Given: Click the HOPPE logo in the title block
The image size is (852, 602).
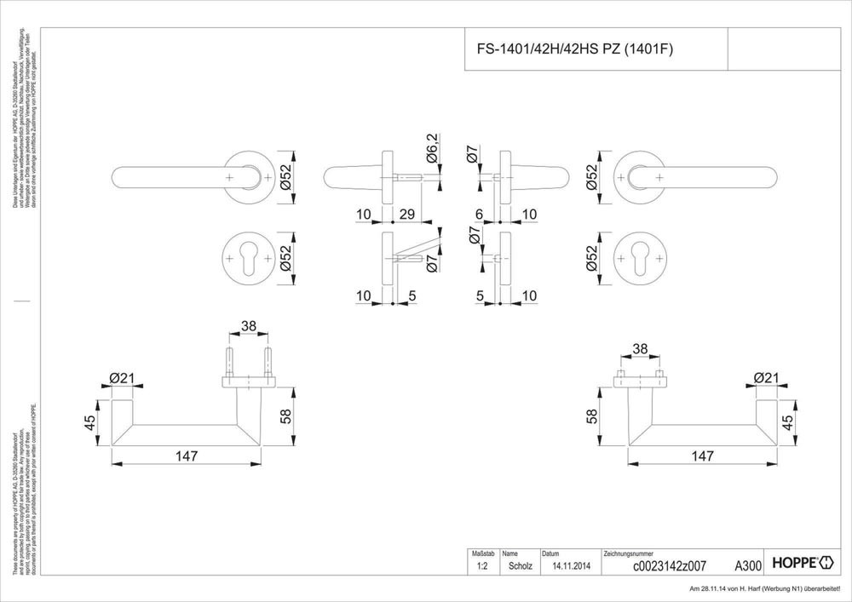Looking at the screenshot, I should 800,564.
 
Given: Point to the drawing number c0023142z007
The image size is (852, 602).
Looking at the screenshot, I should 659,565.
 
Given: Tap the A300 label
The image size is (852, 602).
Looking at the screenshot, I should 747,565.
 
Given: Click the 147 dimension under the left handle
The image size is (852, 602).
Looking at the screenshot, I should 187,456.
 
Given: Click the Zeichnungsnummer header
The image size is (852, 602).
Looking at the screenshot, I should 628,553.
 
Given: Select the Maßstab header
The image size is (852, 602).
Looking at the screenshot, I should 482,553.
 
